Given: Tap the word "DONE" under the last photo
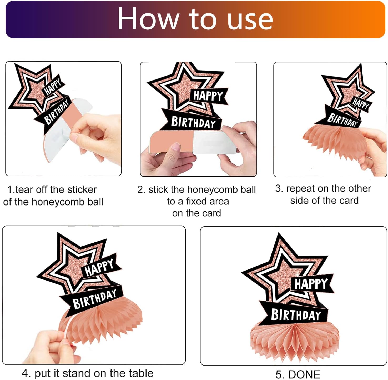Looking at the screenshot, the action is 304,374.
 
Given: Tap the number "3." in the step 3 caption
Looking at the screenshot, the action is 279,188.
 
